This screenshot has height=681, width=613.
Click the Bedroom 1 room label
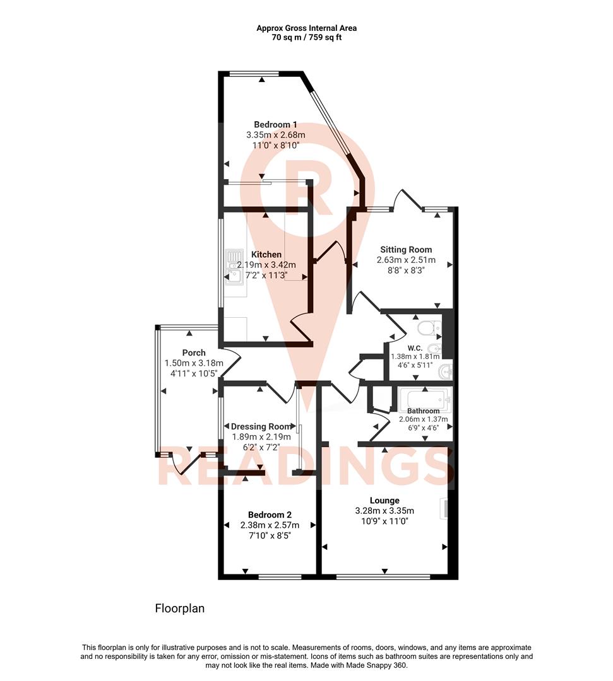click(275, 125)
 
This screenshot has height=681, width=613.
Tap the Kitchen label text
click(266, 254)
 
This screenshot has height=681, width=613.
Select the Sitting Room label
click(405, 250)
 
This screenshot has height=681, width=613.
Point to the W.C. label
click(415, 348)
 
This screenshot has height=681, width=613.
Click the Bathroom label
click(423, 411)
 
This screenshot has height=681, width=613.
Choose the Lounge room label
click(384, 501)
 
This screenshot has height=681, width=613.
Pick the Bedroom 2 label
click(270, 515)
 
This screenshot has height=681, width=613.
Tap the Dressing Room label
click(261, 426)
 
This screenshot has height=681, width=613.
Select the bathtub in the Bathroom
click(424, 399)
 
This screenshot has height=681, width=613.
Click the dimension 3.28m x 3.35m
click(384, 511)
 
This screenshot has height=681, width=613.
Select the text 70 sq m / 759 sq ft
click(306, 37)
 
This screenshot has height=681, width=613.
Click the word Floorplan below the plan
click(180, 608)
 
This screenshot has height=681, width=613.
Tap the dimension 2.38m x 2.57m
click(270, 525)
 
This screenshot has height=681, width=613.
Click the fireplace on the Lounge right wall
click(445, 508)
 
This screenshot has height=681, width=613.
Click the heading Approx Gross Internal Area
click(306, 28)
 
